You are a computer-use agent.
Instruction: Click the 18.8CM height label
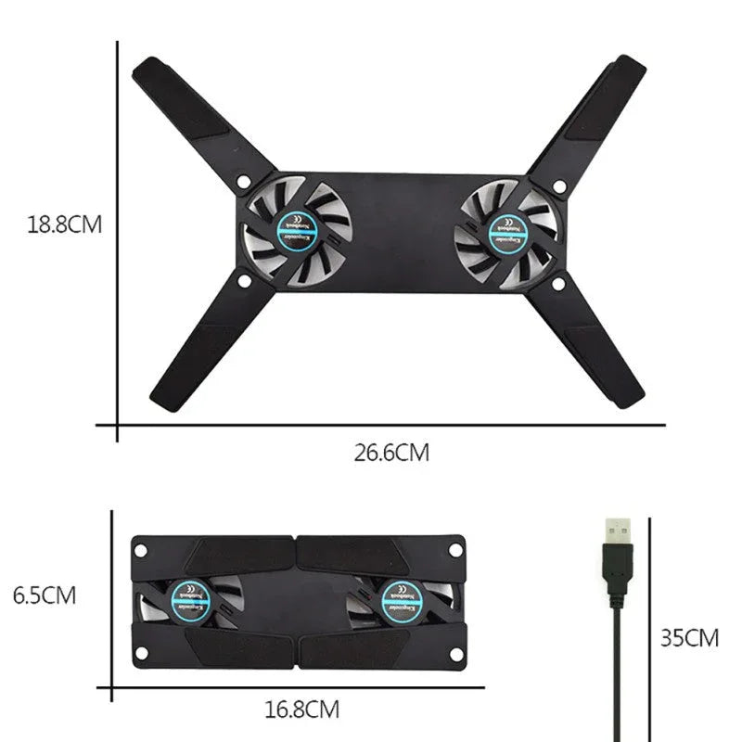coord(63,224)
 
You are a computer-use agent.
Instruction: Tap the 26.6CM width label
coord(391,454)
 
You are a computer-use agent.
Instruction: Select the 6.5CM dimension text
coord(45,595)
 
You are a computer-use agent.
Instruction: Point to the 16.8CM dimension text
coord(301,711)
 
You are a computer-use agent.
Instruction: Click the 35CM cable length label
coord(690,638)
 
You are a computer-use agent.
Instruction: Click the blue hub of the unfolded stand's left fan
coord(300,226)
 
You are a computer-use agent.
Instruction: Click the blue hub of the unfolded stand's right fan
coord(507,226)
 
